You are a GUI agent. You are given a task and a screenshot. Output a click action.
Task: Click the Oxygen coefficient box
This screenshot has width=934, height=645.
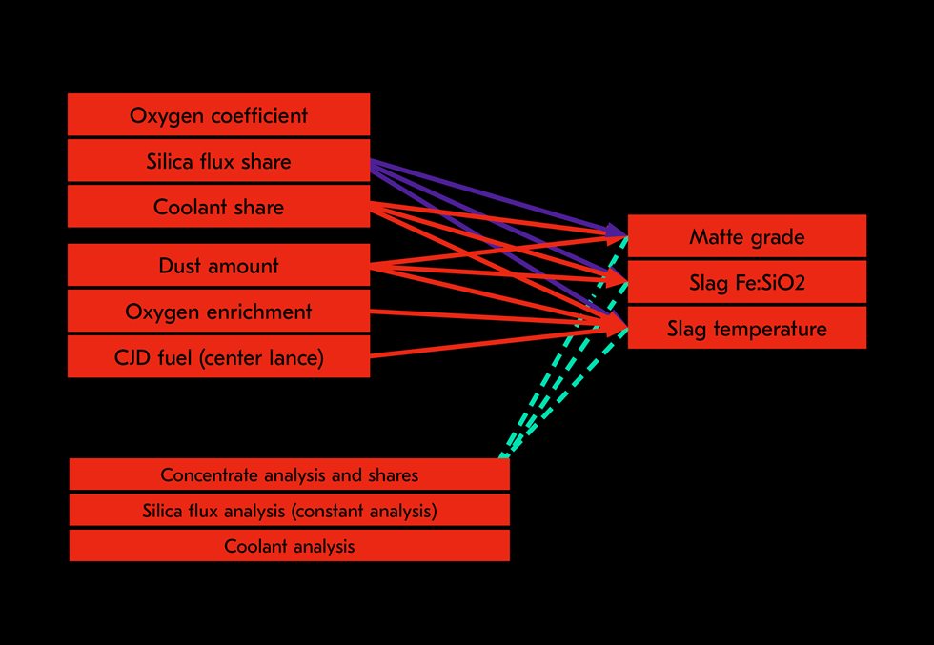218,115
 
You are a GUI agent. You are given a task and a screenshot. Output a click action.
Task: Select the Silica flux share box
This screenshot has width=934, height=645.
218,161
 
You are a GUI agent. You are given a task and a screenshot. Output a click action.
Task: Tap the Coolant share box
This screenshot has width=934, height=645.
218,207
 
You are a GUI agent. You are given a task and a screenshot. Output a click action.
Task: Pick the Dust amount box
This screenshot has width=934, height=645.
218,266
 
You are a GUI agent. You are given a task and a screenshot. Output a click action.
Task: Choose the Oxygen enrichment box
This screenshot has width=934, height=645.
218,312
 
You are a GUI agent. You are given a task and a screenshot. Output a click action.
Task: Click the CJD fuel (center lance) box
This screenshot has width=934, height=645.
218,357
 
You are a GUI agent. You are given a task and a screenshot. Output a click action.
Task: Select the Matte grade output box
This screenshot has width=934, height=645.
746,236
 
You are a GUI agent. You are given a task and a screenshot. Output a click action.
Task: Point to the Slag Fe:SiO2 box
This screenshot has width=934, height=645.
746,282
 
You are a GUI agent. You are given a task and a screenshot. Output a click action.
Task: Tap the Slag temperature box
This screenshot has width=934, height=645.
746,328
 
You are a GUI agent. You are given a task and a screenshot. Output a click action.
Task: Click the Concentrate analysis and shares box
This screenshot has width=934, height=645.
289,474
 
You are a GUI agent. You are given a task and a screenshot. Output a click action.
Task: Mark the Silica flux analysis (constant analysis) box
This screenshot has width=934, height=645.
289,511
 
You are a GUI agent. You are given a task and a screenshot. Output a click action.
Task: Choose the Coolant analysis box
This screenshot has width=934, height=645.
289,546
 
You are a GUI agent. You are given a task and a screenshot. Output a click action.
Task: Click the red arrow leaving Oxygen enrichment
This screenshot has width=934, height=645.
477,317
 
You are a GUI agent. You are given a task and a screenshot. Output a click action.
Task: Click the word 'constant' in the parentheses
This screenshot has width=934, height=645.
348,511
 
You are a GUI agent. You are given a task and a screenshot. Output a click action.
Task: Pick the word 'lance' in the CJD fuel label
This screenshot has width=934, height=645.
294,357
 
